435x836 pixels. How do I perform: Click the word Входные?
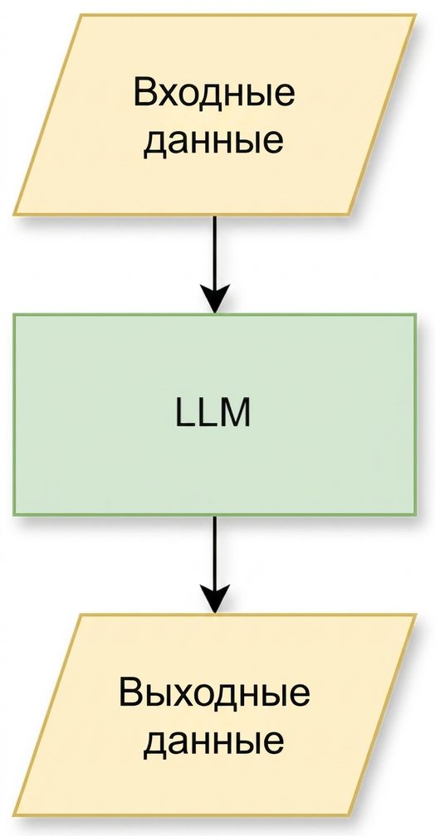click(x=214, y=93)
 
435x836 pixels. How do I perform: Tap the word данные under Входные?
click(x=213, y=141)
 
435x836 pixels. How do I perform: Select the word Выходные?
click(x=214, y=692)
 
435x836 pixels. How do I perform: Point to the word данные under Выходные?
click(x=213, y=741)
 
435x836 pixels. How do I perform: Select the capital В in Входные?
click(x=144, y=93)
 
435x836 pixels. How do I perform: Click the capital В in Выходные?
click(x=130, y=692)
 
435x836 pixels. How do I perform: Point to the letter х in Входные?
click(x=169, y=96)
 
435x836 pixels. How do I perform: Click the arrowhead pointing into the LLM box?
click(x=214, y=299)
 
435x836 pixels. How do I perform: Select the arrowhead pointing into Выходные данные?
click(x=214, y=600)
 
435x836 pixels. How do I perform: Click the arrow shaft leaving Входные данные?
click(x=214, y=251)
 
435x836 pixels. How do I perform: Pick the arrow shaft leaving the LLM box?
click(x=214, y=552)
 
